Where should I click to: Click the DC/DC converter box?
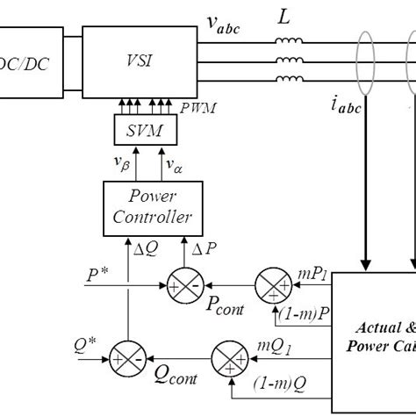tap(31, 63)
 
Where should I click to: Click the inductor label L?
tap(287, 18)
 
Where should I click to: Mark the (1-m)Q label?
tap(278, 384)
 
